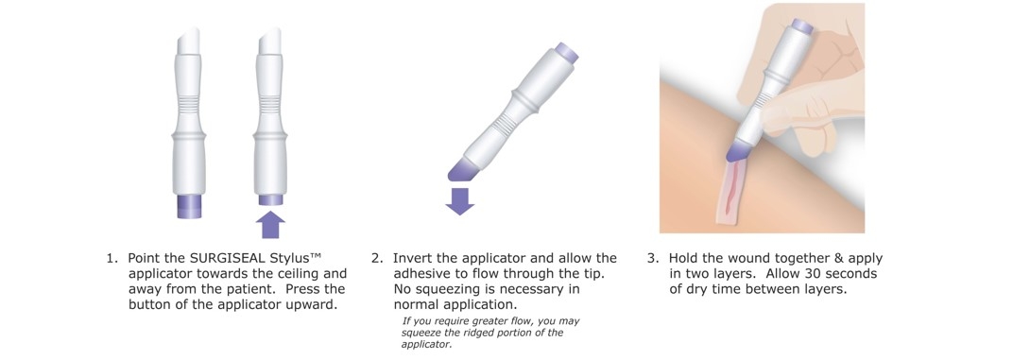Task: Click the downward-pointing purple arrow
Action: [x=459, y=200]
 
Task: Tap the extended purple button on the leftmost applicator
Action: [x=190, y=206]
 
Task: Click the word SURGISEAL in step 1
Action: [x=203, y=258]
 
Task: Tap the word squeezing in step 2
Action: [x=446, y=289]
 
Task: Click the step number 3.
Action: [x=652, y=258]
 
